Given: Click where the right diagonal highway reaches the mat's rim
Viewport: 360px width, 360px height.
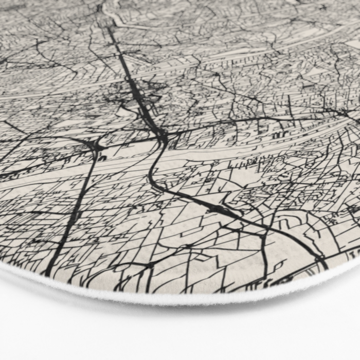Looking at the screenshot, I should click(325, 267).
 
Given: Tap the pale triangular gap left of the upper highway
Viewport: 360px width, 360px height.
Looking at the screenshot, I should click(123, 110).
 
